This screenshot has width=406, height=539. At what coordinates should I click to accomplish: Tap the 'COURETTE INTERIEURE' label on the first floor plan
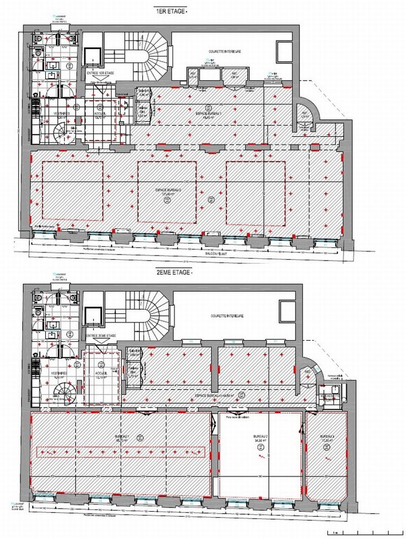point(224,52)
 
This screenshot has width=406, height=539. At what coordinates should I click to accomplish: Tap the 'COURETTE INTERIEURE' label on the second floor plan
point(227,315)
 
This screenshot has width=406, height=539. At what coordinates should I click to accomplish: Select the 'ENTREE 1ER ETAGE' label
point(100,73)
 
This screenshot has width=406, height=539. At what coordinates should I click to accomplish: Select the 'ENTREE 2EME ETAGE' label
point(101,336)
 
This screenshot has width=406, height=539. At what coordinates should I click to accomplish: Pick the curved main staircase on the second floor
point(152,315)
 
